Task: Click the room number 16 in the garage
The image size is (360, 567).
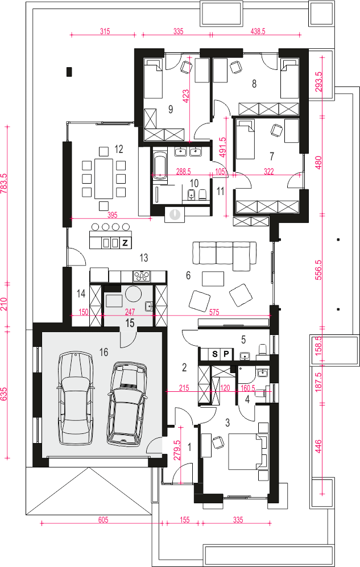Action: click(104, 352)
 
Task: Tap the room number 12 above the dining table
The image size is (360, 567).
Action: click(118, 149)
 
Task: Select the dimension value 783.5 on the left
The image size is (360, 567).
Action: click(4, 184)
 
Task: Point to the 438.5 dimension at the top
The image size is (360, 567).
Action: click(258, 31)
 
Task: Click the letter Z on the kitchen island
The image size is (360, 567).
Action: click(125, 243)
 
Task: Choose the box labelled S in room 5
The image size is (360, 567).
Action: click(215, 354)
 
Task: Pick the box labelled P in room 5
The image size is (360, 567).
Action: click(226, 354)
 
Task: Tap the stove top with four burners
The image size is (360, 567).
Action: click(142, 276)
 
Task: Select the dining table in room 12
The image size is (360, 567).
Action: click(104, 178)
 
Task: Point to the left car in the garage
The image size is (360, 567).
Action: click(74, 398)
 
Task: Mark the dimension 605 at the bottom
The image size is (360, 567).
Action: click(103, 520)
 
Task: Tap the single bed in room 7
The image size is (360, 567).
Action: click(245, 139)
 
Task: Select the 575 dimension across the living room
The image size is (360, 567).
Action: click(214, 312)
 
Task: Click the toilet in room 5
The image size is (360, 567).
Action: click(262, 350)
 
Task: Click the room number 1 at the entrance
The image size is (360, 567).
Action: click(189, 448)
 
